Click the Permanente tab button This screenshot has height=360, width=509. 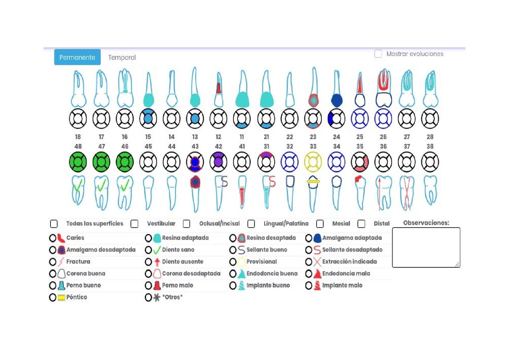click(77, 57)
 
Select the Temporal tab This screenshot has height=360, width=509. click(122, 58)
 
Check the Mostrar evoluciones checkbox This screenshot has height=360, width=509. click(378, 54)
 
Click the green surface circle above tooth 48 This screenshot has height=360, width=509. click(78, 162)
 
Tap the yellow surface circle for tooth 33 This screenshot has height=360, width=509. click(313, 162)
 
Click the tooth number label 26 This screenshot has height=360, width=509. click(383, 137)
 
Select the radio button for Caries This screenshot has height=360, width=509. click(52, 238)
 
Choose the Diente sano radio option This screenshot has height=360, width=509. click(148, 250)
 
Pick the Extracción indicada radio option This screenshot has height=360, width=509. click(309, 262)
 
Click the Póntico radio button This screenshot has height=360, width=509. click(52, 298)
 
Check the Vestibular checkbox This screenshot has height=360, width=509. click(134, 224)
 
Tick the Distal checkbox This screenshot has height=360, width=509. click(361, 224)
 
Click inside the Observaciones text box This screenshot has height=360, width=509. click(425, 247)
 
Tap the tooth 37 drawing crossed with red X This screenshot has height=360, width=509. click(407, 193)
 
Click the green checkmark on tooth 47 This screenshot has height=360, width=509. click(102, 185)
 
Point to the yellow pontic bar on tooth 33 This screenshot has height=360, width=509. click(313, 181)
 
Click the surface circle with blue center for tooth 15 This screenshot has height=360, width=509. click(148, 119)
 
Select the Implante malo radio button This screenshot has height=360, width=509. click(309, 286)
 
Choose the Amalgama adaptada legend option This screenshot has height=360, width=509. click(309, 238)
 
